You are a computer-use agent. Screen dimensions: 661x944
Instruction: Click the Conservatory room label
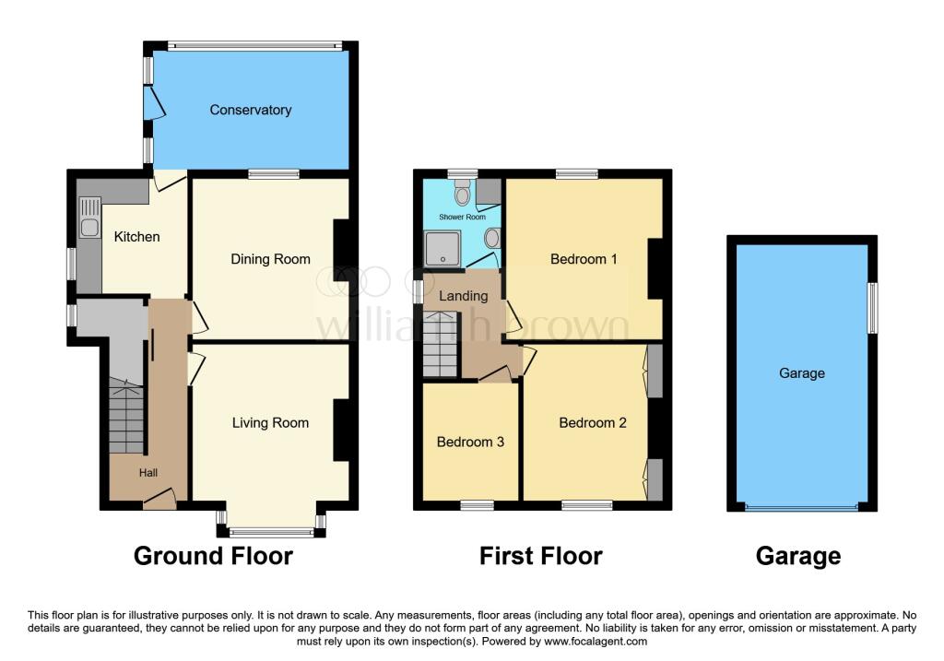[250, 110]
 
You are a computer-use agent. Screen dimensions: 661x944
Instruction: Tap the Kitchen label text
[136, 237]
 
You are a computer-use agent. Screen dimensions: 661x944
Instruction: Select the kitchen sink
[89, 228]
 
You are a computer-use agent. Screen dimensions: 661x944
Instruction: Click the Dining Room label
[270, 259]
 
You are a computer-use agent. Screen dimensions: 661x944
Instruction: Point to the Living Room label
[270, 423]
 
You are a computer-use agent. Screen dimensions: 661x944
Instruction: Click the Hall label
[148, 473]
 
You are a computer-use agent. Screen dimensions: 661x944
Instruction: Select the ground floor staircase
[126, 419]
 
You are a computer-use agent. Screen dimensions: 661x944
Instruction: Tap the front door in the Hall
[159, 501]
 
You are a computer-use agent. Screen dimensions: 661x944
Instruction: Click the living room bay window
[271, 531]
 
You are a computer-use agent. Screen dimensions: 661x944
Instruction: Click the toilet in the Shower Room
[462, 192]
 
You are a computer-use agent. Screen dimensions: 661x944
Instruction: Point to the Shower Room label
[462, 218]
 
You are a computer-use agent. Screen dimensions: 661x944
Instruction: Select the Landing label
[463, 296]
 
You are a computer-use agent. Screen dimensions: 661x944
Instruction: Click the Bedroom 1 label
[584, 259]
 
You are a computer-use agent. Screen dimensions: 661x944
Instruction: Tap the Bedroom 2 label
[593, 423]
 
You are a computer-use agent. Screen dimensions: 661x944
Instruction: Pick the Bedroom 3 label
[470, 442]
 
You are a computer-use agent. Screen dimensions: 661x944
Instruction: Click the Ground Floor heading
[213, 556]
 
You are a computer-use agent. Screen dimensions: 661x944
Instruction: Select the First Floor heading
[540, 556]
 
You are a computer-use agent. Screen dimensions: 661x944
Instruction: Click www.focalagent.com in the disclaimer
[597, 642]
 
